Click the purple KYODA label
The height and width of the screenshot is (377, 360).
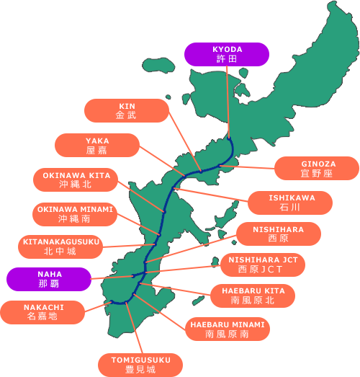[x=227, y=54]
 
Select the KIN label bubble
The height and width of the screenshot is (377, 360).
[x=127, y=110]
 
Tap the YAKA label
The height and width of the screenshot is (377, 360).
[x=97, y=145]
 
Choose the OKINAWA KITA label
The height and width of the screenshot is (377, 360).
[x=76, y=179]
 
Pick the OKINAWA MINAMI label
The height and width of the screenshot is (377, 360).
[x=75, y=214]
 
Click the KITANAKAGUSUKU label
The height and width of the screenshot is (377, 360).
[x=60, y=247]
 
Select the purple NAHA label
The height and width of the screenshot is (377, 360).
[x=49, y=279]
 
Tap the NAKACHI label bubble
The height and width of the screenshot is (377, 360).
[x=42, y=312]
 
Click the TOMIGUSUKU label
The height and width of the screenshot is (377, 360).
[x=140, y=365]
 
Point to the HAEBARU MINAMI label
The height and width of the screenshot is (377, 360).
[x=228, y=329]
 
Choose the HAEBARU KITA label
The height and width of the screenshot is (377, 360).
[x=253, y=296]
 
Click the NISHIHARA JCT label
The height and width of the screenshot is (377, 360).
[x=263, y=265]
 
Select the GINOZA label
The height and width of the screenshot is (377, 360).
[x=317, y=168]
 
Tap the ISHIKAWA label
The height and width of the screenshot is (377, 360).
[x=290, y=203]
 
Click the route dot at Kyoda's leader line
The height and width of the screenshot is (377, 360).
[x=229, y=138]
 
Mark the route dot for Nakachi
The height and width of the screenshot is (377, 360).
[x=112, y=302]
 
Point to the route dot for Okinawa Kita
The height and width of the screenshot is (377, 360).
[x=164, y=212]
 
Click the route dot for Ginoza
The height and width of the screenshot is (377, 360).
[x=220, y=165]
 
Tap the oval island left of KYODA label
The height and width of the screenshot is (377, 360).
[x=158, y=65]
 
